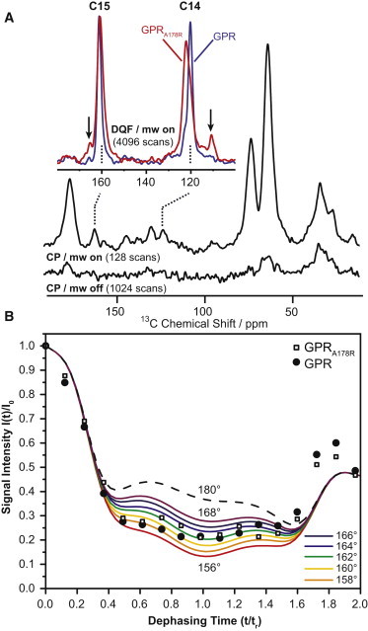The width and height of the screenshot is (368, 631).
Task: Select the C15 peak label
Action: [101, 9]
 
